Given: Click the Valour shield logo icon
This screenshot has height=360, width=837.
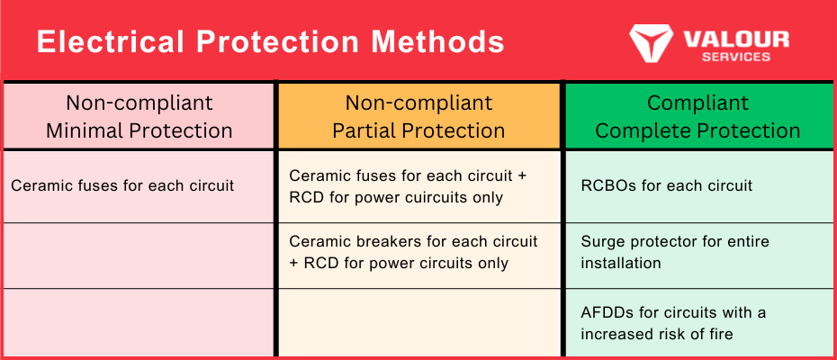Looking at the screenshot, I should point(652,42).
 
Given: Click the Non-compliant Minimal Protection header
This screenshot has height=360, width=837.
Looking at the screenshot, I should point(139,116).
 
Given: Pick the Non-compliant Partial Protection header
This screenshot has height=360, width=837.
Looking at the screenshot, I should point(418,116).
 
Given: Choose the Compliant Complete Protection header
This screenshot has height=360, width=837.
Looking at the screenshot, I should point(697,116).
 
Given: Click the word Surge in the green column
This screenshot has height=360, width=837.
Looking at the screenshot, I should point(602,241).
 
